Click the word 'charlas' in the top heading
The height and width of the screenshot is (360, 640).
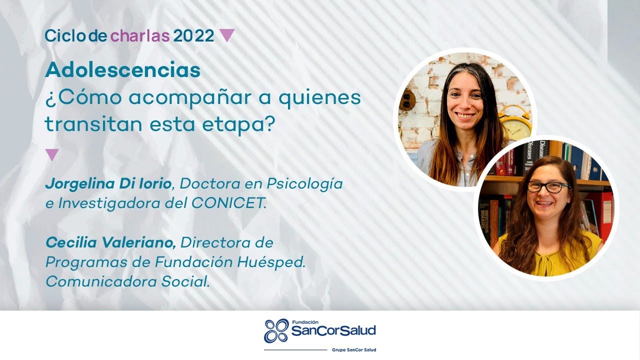coord(139,35)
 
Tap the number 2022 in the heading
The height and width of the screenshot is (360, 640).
coord(193,35)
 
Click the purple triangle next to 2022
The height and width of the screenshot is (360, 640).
coord(227,35)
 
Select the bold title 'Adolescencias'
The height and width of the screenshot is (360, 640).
coord(123,69)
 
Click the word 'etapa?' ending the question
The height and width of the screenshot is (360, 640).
coord(238,125)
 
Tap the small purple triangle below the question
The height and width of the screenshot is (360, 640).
coord(52,154)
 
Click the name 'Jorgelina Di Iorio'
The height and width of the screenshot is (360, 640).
coord(108,183)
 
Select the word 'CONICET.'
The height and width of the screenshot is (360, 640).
coord(229,203)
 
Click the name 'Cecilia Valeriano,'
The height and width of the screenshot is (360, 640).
coord(110,243)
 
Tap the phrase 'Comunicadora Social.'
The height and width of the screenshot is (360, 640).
coord(128,281)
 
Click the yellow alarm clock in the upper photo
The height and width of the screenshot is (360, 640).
coord(515,123)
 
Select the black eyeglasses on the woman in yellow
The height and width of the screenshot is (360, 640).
coord(548,187)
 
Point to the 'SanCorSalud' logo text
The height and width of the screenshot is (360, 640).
coord(333,331)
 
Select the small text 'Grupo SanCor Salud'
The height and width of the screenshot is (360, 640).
coord(354,349)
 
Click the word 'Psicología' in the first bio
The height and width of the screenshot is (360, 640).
coord(304,184)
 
